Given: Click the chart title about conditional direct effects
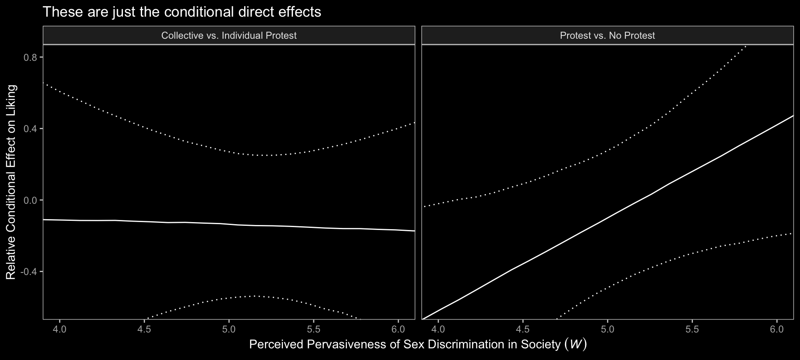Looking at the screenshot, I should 182,12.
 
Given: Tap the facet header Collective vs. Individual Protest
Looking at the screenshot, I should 229,35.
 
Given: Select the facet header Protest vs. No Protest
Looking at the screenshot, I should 607,35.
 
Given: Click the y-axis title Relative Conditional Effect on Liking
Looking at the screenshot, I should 11,182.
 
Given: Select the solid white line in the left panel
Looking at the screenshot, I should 229,225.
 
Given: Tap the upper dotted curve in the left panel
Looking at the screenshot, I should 229,150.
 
